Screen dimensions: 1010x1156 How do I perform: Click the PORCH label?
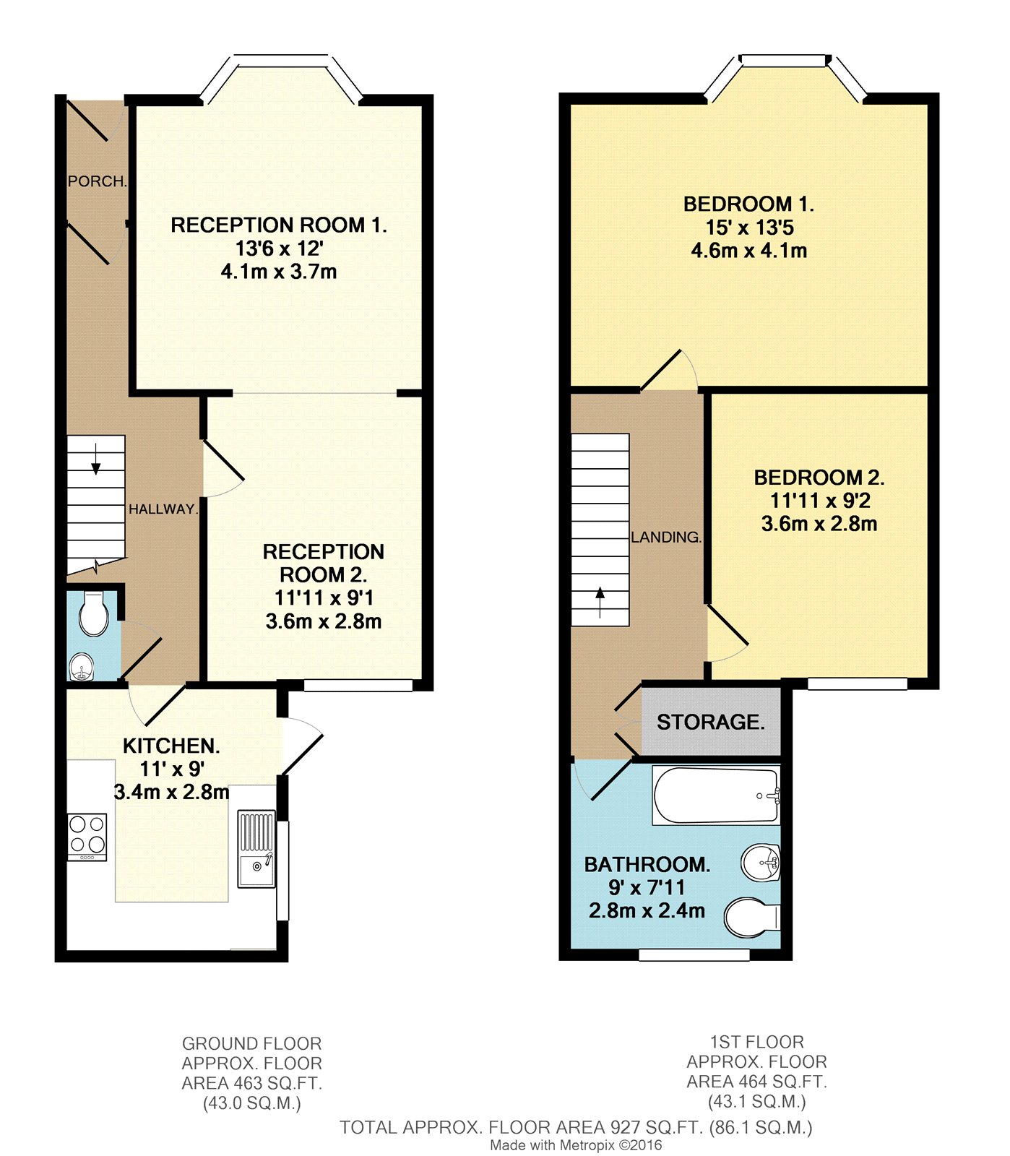(x=98, y=181)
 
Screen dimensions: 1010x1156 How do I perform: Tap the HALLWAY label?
(x=163, y=509)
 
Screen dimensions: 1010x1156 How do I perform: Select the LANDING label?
(x=666, y=538)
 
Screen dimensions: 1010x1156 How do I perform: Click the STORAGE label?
(x=711, y=722)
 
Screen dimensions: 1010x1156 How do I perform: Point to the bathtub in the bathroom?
(x=716, y=795)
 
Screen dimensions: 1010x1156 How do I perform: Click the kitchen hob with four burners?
(x=87, y=837)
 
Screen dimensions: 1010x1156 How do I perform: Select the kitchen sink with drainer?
(x=256, y=849)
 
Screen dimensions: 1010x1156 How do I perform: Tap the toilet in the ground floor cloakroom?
(x=94, y=614)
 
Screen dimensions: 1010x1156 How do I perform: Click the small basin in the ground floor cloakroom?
(x=82, y=667)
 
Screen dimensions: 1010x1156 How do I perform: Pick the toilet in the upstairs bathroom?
(x=752, y=918)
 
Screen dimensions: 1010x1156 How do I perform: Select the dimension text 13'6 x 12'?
(x=279, y=249)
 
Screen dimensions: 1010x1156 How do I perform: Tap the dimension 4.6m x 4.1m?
(x=749, y=251)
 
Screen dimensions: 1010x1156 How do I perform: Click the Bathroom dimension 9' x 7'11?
(x=647, y=888)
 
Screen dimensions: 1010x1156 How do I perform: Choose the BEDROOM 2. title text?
(x=819, y=478)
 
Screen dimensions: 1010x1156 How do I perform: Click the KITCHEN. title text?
(x=171, y=746)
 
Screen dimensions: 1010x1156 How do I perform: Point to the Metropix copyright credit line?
(x=576, y=1145)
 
